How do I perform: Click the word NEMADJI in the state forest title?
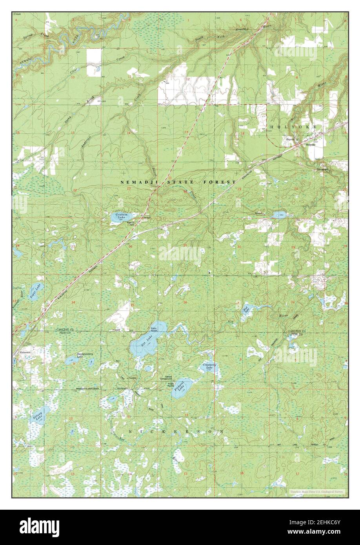point(136,182)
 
